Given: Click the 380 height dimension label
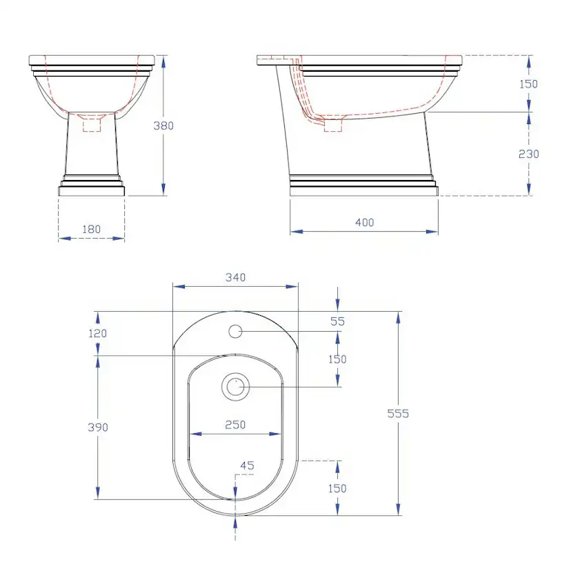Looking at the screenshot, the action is click(163, 126).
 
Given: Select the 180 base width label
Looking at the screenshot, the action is click(92, 229).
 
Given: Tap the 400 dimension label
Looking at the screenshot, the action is click(365, 223).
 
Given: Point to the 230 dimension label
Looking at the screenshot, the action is click(529, 154).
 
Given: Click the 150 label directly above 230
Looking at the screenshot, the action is click(529, 84).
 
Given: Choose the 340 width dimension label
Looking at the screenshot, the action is click(236, 277).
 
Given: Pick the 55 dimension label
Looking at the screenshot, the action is click(338, 321).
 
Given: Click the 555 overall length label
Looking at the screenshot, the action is click(398, 413).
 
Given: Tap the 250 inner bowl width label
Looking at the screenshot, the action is click(235, 425).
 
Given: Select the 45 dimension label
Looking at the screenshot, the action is click(248, 465).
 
